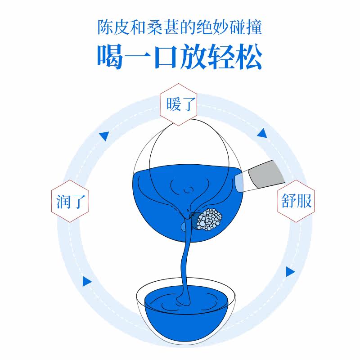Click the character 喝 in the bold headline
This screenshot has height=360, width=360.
coord(110,58)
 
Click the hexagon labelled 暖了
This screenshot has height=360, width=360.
coord(179,104)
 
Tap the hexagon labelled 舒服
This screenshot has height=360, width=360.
coord(295,201)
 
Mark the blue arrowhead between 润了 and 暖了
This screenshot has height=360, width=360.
coord(104,135)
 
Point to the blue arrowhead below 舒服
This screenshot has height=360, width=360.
coord(290,272)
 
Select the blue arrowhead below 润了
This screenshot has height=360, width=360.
coord(86,282)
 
